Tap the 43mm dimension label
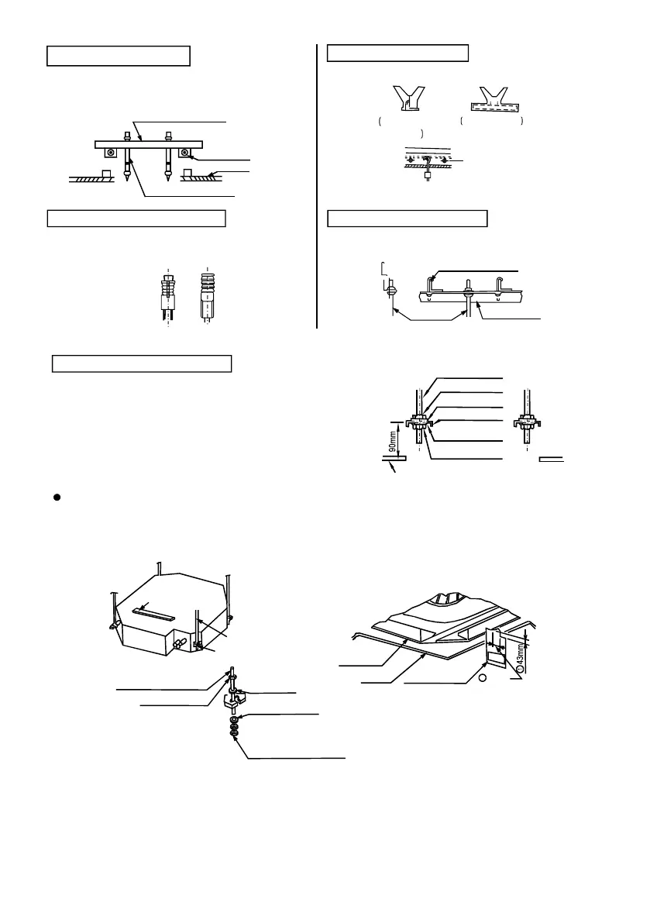[520, 650]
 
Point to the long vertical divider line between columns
[318, 186]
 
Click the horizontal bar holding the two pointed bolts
[147, 143]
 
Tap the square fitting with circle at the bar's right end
[186, 152]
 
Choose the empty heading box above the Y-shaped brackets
[398, 53]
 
